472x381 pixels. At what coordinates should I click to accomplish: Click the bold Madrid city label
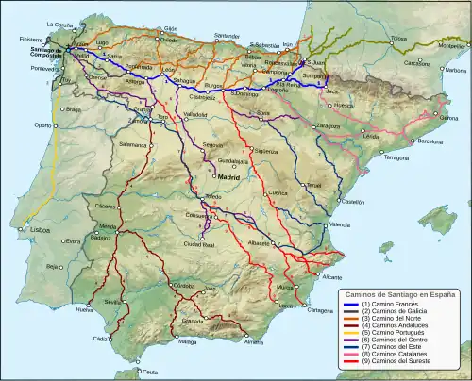click(229, 176)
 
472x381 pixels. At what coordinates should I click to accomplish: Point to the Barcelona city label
click(424, 141)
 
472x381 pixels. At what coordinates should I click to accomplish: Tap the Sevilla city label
click(114, 301)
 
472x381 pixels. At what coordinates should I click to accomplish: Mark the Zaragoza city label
click(355, 124)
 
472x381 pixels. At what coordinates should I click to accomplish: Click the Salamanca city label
click(132, 146)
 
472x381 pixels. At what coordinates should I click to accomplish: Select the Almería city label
click(253, 341)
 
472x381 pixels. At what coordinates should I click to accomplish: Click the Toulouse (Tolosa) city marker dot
click(389, 42)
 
